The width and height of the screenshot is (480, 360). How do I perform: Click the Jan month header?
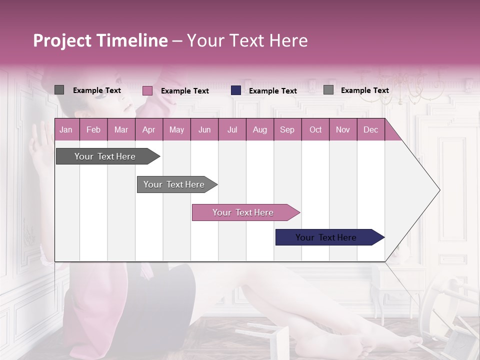(66, 129)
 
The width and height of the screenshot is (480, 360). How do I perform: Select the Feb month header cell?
(93, 129)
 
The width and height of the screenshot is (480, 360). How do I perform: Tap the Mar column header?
(121, 129)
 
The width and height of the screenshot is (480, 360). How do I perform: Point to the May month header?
(176, 129)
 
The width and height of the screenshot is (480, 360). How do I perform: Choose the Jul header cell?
(232, 129)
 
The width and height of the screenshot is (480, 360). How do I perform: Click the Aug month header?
(259, 129)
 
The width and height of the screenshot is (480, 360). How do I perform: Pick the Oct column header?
(315, 129)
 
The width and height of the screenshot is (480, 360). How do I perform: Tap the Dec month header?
(370, 129)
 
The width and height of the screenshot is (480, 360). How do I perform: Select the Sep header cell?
(287, 129)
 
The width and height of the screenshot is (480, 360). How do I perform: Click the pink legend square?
(147, 90)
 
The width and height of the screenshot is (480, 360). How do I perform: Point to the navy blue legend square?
(236, 90)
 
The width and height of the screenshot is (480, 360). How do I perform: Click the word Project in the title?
(62, 40)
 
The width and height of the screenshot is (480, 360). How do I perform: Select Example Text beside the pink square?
(184, 91)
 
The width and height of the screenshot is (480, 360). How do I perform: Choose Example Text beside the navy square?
(272, 91)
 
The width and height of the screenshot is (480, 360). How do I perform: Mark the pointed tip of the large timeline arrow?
(439, 190)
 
